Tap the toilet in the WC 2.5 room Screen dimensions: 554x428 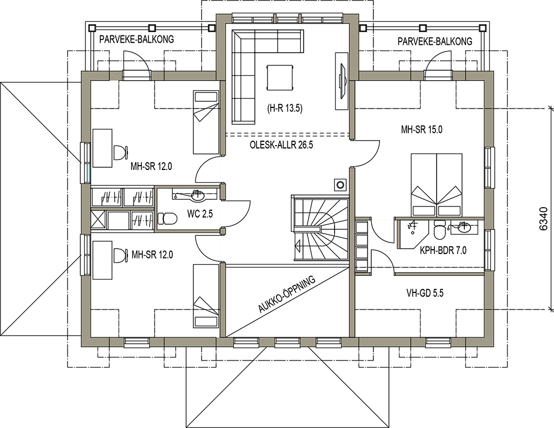coord(167,219)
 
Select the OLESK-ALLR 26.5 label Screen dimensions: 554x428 coord(281,145)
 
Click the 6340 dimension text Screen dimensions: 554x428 coord(545,219)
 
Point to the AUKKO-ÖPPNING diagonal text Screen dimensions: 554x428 coord(286,295)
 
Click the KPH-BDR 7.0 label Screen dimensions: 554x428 coord(443,250)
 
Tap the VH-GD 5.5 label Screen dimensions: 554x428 coord(425,293)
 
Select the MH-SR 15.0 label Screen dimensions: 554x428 coord(422,130)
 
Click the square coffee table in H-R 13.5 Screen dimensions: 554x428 coord(280,78)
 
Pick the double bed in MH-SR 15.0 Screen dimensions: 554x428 coord(437,185)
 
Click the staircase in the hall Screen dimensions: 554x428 coord(320,228)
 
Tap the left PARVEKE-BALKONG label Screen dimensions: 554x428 coord(136,39)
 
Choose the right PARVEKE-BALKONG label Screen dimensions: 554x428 coord(435,42)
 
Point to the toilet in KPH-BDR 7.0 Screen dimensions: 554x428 coord(440,230)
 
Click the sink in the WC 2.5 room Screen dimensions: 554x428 coord(197,195)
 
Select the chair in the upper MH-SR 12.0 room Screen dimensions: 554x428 coord(120,152)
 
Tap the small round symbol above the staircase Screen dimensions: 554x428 coord(340,185)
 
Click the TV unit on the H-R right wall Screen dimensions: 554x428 coord(341,81)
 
